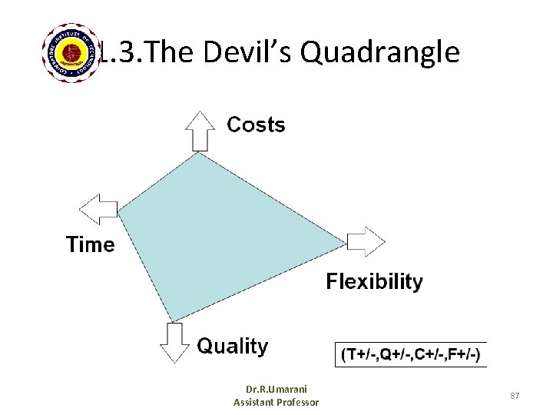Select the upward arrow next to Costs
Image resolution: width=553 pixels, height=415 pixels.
201,131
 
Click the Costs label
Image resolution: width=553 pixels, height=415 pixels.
256,125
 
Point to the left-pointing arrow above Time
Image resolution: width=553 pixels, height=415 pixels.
100,208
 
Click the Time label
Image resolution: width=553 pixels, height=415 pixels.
90,244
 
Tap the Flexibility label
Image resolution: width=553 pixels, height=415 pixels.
374,281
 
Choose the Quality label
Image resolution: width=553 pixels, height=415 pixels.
233,347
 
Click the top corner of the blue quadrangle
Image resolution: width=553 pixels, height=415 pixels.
200,153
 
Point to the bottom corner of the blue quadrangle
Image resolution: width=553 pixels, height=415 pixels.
173,320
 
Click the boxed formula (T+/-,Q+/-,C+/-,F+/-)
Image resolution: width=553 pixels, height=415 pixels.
411,354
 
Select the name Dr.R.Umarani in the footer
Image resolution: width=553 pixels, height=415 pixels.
276,390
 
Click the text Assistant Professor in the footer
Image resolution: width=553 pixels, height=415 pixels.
276,402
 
